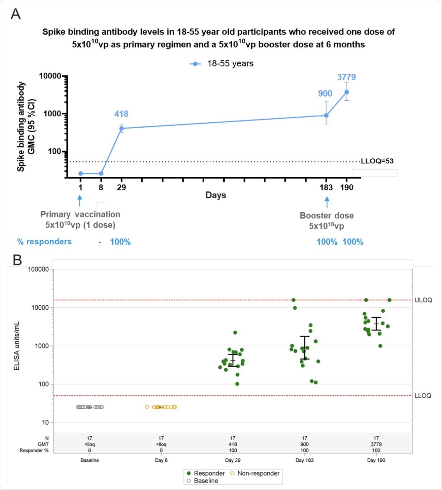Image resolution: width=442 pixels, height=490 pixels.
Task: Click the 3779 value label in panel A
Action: (x=346, y=77)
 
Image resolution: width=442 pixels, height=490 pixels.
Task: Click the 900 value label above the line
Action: (x=325, y=94)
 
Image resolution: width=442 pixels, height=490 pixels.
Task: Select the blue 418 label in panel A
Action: (x=121, y=114)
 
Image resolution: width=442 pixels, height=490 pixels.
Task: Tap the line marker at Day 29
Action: (x=121, y=128)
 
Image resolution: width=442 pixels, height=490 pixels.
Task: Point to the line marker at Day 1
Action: (x=81, y=173)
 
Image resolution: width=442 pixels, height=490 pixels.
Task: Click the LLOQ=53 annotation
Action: (x=377, y=161)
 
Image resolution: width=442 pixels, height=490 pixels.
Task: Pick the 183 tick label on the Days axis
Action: (x=326, y=187)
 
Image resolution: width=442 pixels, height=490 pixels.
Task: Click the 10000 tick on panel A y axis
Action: (x=50, y=76)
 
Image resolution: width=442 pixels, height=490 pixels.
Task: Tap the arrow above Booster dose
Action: (x=327, y=202)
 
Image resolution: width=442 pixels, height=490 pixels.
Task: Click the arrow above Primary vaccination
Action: (x=80, y=201)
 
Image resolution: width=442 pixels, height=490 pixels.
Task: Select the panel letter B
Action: (x=17, y=260)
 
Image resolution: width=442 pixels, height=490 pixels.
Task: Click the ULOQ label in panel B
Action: (x=423, y=300)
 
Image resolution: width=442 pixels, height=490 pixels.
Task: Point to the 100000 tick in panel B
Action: (x=38, y=269)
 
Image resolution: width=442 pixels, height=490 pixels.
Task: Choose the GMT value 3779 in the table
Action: (x=376, y=444)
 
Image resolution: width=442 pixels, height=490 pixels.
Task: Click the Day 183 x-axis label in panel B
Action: (x=304, y=460)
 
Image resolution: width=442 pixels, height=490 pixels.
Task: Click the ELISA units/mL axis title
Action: (x=17, y=346)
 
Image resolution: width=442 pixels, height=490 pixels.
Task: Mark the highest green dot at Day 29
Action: (x=235, y=333)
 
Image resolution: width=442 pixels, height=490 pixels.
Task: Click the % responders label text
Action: (x=44, y=242)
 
